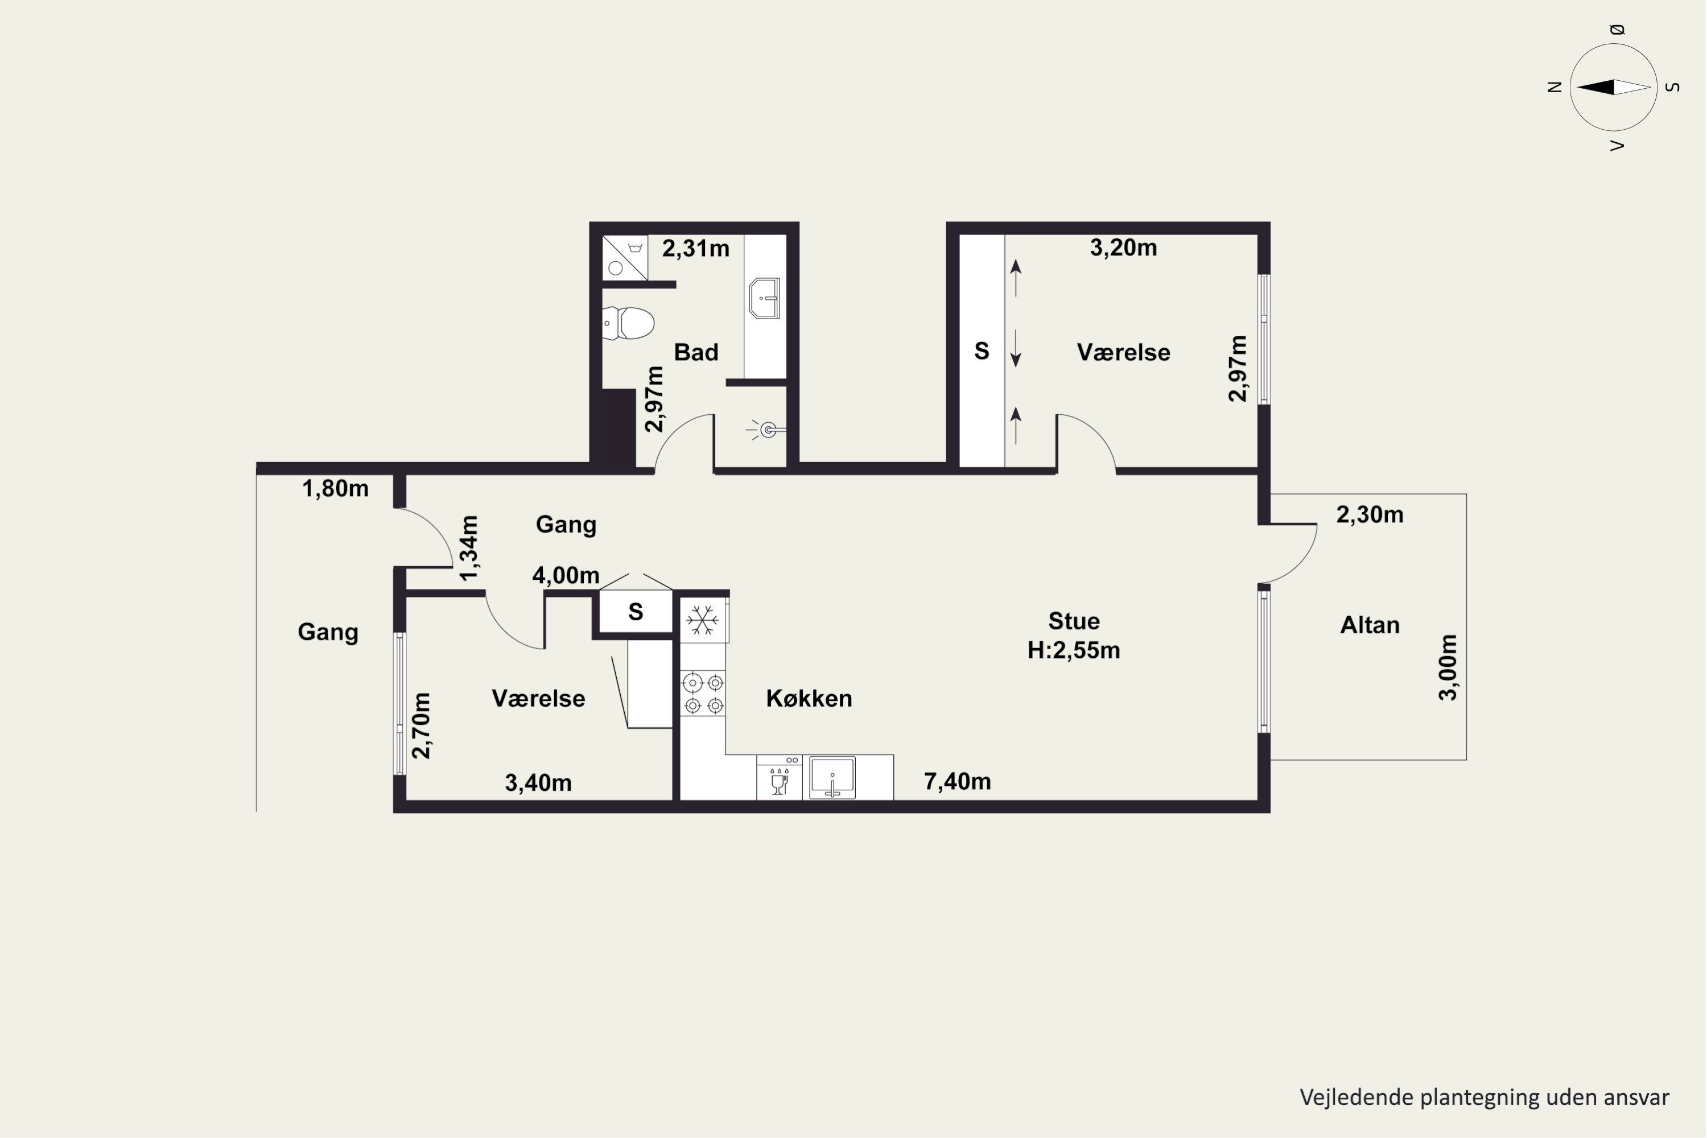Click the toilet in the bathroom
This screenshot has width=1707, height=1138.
[x=628, y=323]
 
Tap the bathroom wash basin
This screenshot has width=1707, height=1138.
[x=764, y=298]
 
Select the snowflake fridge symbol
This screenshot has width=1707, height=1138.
[x=703, y=621]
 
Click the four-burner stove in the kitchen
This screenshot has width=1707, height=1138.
[x=703, y=694]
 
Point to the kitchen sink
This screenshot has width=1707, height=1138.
[x=832, y=777]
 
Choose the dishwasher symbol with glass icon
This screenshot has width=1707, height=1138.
[x=780, y=777]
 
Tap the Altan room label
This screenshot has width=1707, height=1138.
[x=1370, y=625]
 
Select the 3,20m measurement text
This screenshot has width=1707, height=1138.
[x=1123, y=248]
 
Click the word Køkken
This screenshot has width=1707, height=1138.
[x=809, y=699]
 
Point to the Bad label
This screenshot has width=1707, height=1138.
[x=696, y=353]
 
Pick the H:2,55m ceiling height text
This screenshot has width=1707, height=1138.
[x=1073, y=650]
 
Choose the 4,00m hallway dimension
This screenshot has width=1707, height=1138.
[x=566, y=575]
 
